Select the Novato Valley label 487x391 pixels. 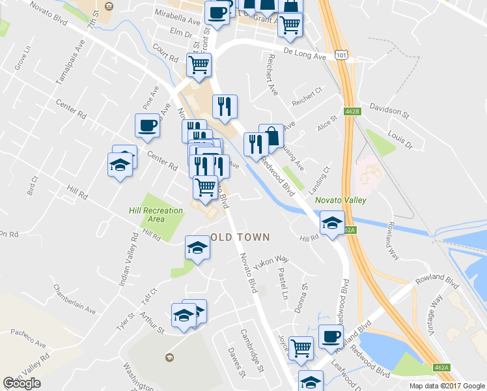(340, 200)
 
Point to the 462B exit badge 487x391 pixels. (352, 111)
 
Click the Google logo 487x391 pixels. (21, 383)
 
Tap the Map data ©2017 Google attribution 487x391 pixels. (447, 386)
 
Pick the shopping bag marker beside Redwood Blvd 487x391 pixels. (271, 136)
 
